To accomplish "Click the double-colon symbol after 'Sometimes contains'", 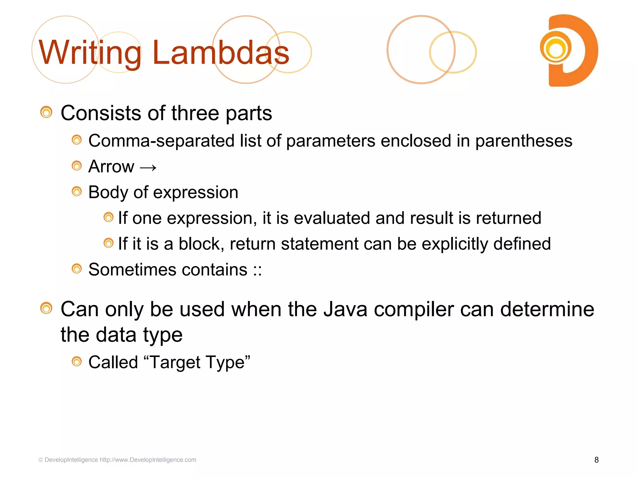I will tap(257, 270).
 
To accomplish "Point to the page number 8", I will tap(596, 460).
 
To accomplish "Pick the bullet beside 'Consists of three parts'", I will tap(46, 112).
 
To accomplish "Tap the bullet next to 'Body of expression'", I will tap(77, 191).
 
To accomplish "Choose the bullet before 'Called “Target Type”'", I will tap(77, 362).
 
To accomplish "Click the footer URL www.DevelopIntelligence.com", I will tap(148, 460).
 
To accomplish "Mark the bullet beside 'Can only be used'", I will tap(46, 308).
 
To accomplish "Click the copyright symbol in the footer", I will tap(40, 460).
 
